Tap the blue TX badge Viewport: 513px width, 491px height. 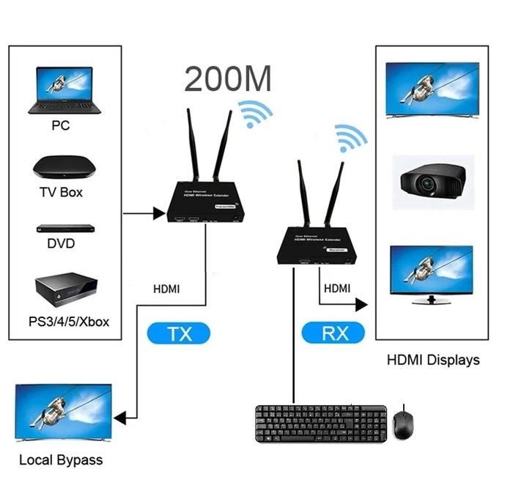180,334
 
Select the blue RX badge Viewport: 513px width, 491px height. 333,334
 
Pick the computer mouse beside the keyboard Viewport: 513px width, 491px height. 402,424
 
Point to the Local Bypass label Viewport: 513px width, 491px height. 61,460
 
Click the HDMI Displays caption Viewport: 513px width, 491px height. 433,360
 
